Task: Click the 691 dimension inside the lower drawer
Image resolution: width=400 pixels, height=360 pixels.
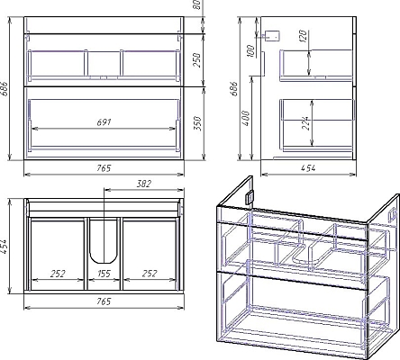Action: click(104, 122)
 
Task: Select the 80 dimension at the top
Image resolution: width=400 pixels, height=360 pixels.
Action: click(196, 4)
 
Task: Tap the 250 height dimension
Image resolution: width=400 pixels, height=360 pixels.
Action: click(196, 60)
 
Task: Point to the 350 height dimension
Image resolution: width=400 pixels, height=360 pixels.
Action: click(197, 123)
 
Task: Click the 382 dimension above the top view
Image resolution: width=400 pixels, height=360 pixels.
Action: click(144, 184)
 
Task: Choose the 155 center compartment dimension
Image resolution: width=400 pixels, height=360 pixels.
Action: click(104, 274)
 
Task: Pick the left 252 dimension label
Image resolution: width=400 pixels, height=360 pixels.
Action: click(58, 274)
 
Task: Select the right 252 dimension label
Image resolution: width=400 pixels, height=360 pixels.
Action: click(150, 274)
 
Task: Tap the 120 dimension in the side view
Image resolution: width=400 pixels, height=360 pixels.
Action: click(304, 36)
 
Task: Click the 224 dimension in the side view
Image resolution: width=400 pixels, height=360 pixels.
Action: click(306, 123)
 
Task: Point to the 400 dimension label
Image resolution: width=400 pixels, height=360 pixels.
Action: click(246, 118)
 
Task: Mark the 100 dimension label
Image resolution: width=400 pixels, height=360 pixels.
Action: click(250, 50)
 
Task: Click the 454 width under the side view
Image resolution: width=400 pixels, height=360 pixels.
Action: click(308, 168)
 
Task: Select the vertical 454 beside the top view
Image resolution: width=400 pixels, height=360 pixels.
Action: click(5, 246)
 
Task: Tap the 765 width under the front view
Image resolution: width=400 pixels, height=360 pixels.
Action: click(104, 168)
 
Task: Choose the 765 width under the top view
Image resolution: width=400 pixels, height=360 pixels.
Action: click(104, 301)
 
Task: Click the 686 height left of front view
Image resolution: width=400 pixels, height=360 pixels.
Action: click(5, 88)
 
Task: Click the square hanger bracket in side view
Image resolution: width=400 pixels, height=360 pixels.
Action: click(273, 36)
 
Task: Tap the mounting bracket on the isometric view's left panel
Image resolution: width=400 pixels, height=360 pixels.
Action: click(250, 198)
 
